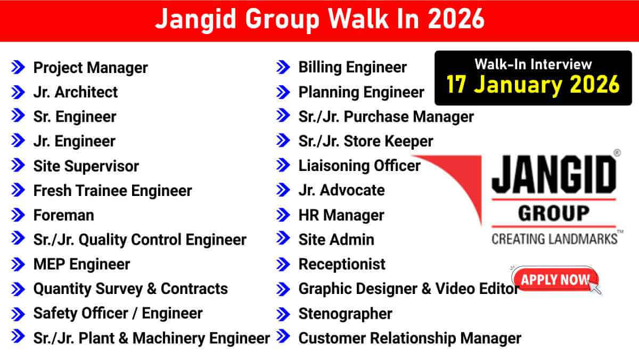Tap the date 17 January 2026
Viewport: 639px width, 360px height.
533,85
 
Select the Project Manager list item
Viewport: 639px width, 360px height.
91,68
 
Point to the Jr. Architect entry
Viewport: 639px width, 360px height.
75,92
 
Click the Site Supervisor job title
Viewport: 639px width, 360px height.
86,166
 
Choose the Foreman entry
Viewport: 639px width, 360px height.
63,215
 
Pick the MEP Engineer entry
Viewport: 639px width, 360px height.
81,264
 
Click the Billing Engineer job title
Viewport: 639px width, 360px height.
353,67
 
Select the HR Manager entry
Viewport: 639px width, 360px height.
341,215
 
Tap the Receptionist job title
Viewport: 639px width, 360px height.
342,264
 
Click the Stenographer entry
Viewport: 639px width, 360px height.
345,314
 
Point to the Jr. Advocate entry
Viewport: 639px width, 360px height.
341,190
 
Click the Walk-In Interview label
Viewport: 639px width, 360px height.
533,64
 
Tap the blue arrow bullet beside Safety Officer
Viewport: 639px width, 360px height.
18,313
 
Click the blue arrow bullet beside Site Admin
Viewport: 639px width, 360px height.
283,240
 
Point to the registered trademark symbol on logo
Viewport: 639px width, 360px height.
617,152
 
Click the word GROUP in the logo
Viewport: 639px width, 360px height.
554,213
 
